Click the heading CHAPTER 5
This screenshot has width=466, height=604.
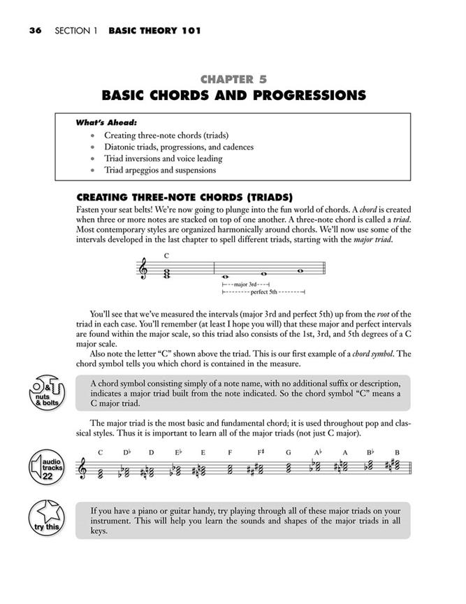[233, 80]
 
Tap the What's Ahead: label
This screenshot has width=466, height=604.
[105, 122]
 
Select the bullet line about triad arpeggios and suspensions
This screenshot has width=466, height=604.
[160, 170]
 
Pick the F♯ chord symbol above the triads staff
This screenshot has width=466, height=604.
[260, 452]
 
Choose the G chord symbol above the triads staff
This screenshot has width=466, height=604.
[287, 452]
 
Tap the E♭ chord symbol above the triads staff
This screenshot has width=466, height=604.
[178, 452]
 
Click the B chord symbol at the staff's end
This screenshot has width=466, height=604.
[396, 452]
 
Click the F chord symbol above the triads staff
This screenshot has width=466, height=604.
[229, 452]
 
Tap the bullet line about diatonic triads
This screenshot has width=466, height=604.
[179, 147]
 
